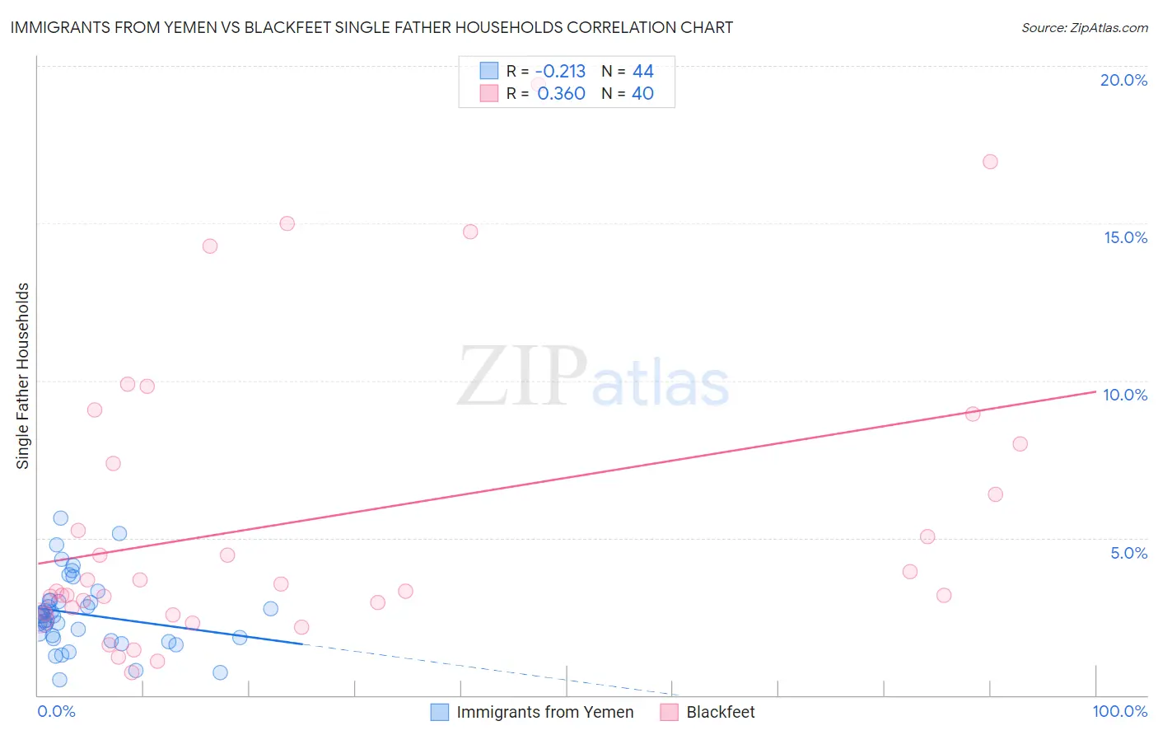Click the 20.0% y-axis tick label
click(x=1123, y=80)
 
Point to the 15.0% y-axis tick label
click(x=1125, y=237)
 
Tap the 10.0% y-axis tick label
click(x=1125, y=395)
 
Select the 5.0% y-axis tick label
click(x=1128, y=553)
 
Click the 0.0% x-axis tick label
click(x=56, y=712)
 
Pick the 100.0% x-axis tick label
click(x=1119, y=712)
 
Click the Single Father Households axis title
click(x=23, y=376)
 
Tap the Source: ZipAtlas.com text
click(x=1084, y=28)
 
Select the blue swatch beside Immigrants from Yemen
click(x=440, y=713)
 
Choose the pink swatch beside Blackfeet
click(x=669, y=713)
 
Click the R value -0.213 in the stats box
click(x=560, y=72)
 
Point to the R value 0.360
click(x=561, y=94)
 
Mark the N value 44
click(x=642, y=72)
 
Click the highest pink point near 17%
click(x=990, y=162)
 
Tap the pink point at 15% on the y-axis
click(x=287, y=223)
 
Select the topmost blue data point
click(x=60, y=518)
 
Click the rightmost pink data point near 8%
click(x=1020, y=444)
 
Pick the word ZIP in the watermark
click(x=522, y=377)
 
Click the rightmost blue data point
click(x=270, y=609)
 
